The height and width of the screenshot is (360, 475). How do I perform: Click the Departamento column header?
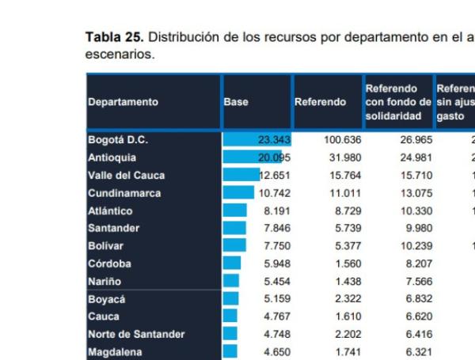point(123,102)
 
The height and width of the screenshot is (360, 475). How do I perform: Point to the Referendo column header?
point(320,102)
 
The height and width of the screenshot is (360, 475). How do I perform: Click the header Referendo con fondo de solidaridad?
point(397,102)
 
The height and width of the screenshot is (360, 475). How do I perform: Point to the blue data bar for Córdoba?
point(233,262)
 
